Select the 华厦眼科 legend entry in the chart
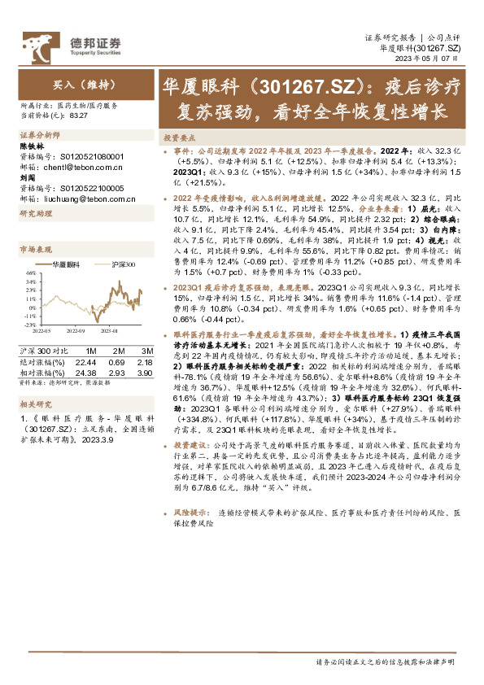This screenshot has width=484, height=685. click(67, 265)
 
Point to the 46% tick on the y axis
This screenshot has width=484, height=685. click(28, 273)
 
